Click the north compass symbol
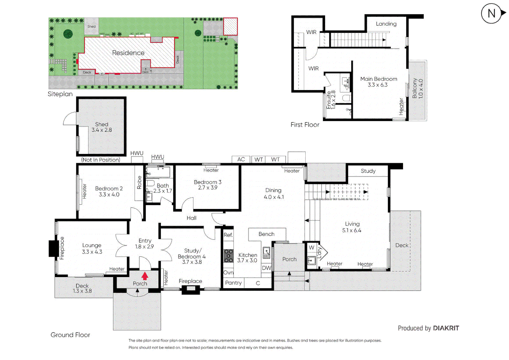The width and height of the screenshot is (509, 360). tap(492, 14)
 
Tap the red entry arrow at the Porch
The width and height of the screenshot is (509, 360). tap(145, 276)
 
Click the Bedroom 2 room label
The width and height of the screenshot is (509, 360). tap(109, 189)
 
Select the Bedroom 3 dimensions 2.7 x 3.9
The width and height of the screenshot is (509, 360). tap(207, 188)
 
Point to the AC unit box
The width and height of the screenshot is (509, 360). tap(241, 159)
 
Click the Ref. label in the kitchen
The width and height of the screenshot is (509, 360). tap(228, 235)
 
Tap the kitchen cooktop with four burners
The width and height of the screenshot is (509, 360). tap(228, 256)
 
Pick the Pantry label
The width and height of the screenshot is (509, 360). tap(233, 283)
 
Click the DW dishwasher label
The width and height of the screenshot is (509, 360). tap(266, 268)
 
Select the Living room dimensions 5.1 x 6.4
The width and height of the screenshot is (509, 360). tap(352, 230)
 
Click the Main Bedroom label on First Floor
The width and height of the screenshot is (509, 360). tap(379, 79)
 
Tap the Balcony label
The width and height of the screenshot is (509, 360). tap(415, 88)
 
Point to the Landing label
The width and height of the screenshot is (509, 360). tap(386, 24)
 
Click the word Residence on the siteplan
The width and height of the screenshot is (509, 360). tap(128, 53)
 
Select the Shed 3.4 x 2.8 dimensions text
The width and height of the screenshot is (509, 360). tap(102, 130)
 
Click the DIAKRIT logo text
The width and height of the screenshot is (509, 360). tap(446, 328)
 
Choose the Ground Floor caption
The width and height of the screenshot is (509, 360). tap(70, 335)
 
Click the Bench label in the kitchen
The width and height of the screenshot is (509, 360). tap(266, 234)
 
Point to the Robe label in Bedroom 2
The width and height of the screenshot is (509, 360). tap(139, 182)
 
